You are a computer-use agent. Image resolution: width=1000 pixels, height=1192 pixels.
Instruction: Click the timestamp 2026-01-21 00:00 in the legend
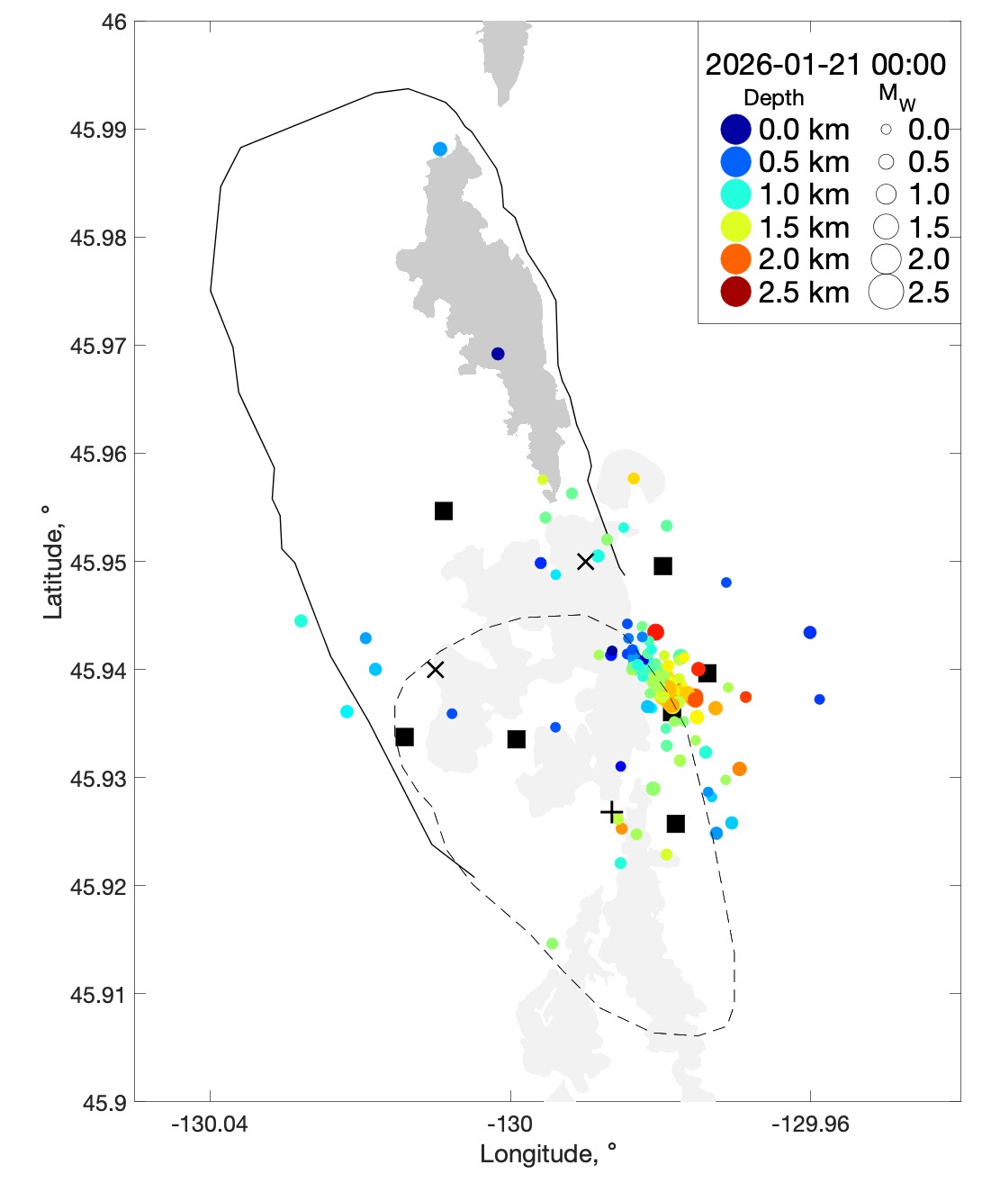(x=825, y=65)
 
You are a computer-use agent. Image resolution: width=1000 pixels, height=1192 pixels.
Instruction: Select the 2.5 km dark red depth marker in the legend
(x=735, y=292)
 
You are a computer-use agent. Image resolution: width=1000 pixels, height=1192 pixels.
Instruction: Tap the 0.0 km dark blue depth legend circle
(x=735, y=130)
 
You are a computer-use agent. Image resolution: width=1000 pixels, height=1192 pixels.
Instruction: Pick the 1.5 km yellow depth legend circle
(x=735, y=227)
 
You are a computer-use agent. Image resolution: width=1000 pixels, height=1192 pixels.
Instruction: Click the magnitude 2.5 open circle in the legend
(x=886, y=292)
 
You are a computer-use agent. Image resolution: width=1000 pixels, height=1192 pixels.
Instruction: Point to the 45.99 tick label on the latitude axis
(x=98, y=130)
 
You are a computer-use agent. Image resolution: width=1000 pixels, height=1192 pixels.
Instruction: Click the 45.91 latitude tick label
(x=98, y=995)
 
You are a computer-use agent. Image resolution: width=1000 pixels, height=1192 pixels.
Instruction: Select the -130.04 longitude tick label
(x=211, y=1124)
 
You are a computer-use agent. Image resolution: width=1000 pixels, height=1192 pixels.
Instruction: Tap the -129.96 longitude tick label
(x=810, y=1124)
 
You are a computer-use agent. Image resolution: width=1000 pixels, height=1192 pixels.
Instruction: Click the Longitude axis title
(x=548, y=1154)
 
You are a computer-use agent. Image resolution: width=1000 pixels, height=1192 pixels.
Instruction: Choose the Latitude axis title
(x=53, y=562)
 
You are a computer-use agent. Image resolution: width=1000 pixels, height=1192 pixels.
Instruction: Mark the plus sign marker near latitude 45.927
(x=612, y=813)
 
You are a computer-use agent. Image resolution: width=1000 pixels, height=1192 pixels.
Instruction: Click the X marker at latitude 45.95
(x=585, y=562)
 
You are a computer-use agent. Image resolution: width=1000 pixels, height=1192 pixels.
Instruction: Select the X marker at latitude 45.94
(x=436, y=670)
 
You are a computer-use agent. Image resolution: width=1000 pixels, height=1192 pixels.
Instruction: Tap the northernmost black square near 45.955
(x=444, y=511)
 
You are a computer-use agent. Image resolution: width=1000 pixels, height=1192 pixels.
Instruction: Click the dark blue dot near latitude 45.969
(x=498, y=354)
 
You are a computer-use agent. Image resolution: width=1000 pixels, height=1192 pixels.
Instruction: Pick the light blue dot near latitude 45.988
(x=440, y=149)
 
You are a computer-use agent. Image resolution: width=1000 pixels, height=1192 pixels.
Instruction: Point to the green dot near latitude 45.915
(x=552, y=944)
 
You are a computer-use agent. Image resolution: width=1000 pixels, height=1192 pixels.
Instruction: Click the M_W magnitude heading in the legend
(x=896, y=96)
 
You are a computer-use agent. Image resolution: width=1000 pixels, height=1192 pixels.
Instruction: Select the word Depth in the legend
(x=773, y=98)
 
